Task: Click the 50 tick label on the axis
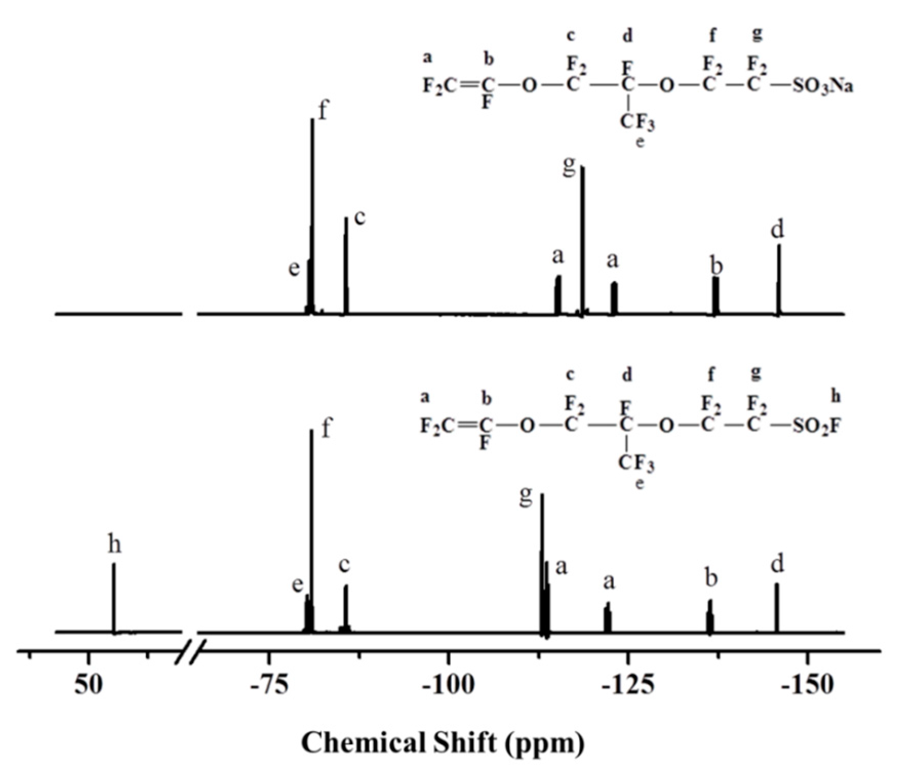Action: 89,685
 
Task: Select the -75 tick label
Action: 268,685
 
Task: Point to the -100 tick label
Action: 448,685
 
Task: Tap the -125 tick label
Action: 627,685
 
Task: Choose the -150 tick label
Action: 807,685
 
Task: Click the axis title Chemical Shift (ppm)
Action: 442,742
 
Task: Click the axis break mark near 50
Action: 190,652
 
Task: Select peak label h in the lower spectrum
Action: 114,544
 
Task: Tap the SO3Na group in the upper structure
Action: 822,86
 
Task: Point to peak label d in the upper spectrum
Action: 777,230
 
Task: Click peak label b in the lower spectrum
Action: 711,579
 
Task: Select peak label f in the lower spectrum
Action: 327,428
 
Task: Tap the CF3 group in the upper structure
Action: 637,122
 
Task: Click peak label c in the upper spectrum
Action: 360,217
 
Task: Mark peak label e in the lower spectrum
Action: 297,584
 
